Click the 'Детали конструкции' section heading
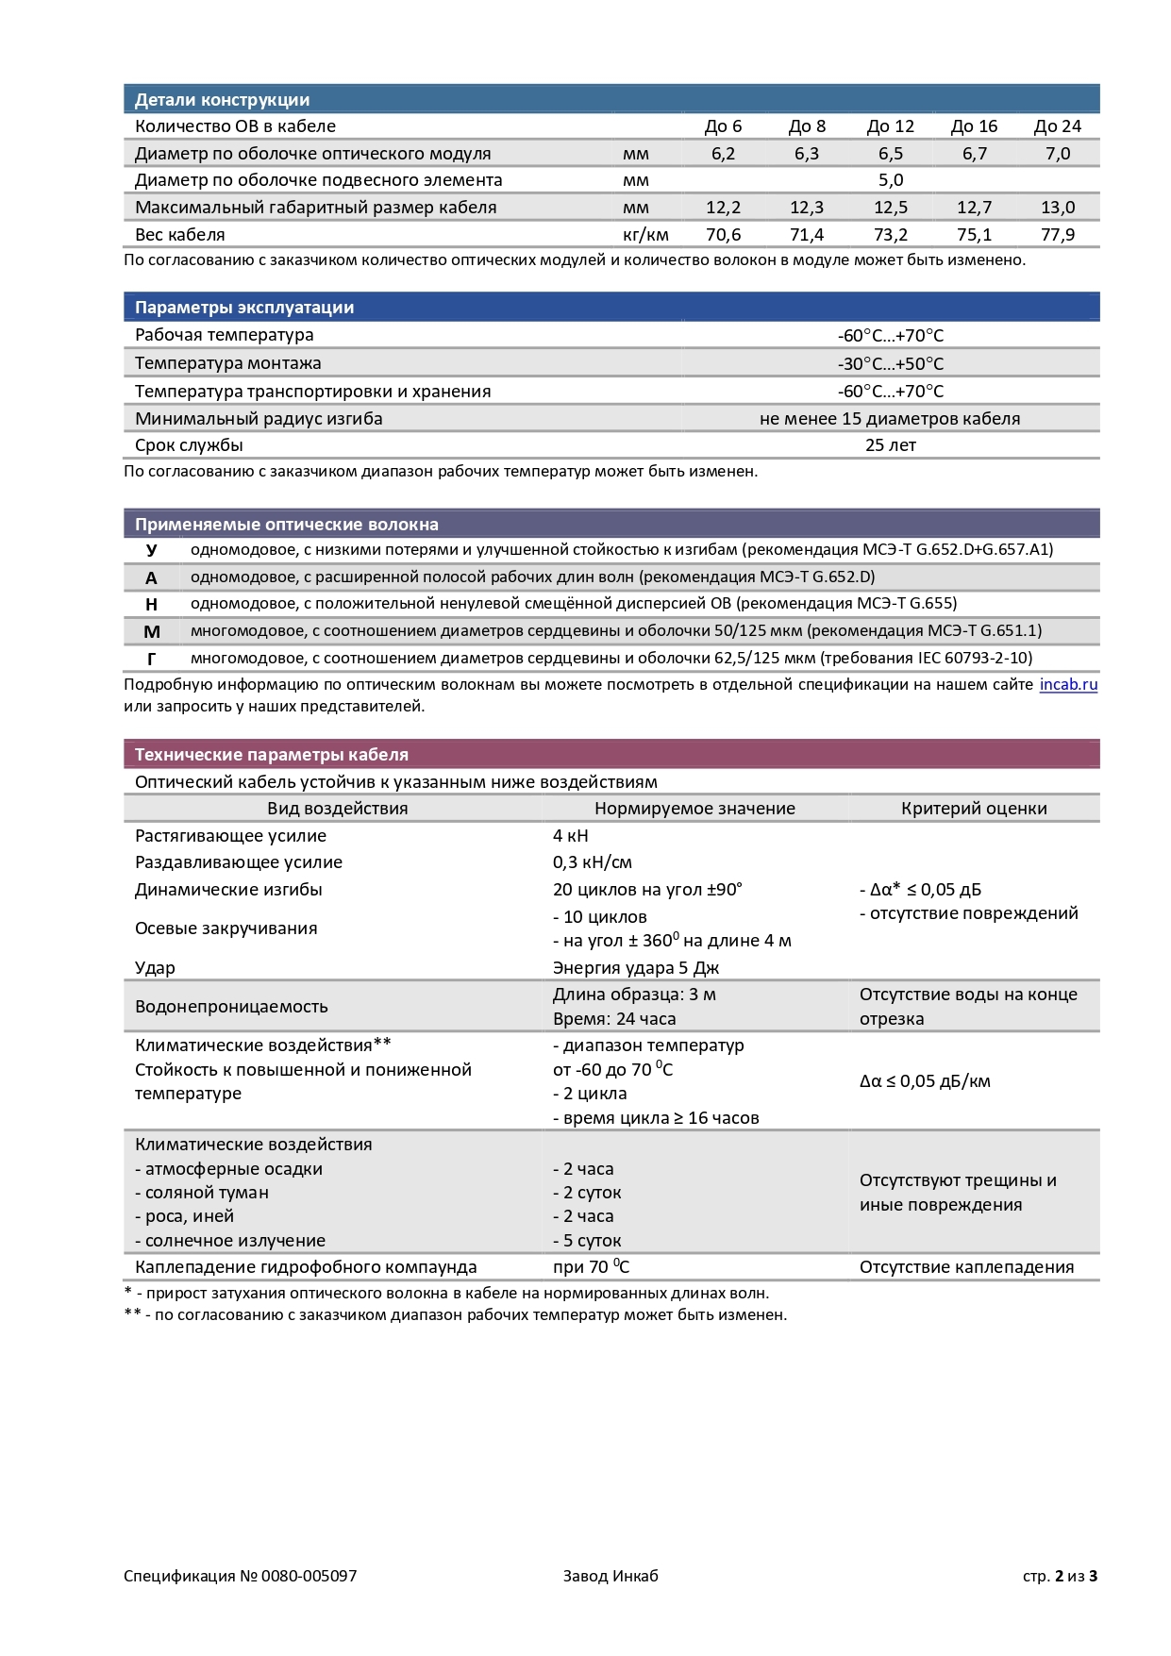click(x=222, y=100)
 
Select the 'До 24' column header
click(x=1057, y=126)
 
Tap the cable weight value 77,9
click(x=1057, y=235)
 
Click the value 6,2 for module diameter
click(x=723, y=154)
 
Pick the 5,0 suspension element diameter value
click(x=890, y=180)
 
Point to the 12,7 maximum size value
click(x=974, y=208)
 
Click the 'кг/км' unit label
click(x=645, y=235)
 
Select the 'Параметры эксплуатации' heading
click(x=244, y=308)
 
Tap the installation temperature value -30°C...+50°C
click(x=890, y=364)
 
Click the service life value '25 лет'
click(x=890, y=445)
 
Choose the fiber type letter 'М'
click(x=152, y=632)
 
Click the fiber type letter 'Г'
click(x=152, y=659)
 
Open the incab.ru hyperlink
click(x=1068, y=685)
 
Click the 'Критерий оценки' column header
click(x=974, y=809)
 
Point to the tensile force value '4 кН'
click(x=571, y=836)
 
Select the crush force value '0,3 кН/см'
click(x=593, y=862)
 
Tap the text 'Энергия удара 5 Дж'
click(x=636, y=968)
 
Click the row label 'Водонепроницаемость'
click(x=231, y=1007)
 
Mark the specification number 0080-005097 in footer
click(x=309, y=1576)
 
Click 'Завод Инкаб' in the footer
click(x=611, y=1576)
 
